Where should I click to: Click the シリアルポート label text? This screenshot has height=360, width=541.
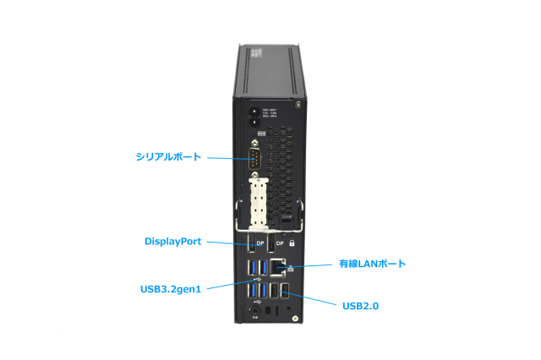tap(169, 156)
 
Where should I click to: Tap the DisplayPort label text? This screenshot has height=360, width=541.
tap(172, 241)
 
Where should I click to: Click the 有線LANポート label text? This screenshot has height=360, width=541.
tap(372, 264)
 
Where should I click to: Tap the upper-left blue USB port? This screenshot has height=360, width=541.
tap(254, 269)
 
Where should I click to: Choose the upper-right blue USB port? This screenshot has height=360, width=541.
tap(264, 269)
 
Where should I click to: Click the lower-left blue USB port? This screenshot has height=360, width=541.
tap(254, 291)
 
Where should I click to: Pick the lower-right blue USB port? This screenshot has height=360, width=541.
tap(264, 291)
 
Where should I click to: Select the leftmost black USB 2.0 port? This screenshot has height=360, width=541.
tap(276, 291)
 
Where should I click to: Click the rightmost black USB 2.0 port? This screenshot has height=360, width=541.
tap(286, 291)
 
